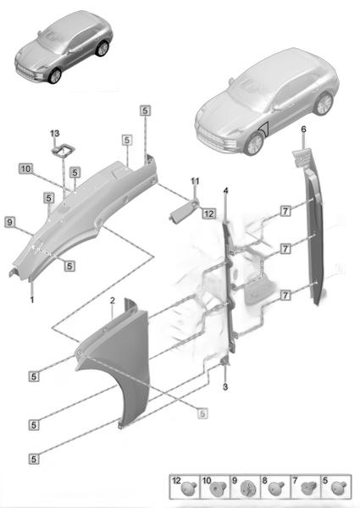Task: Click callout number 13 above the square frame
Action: tap(55, 133)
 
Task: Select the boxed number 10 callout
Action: tap(25, 168)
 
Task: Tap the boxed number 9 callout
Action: tap(10, 223)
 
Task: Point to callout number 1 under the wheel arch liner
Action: tap(31, 300)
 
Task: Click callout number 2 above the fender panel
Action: tap(112, 301)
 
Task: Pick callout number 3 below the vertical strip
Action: tap(225, 387)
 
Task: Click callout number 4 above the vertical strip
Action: tap(225, 190)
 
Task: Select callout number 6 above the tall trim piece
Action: tap(303, 130)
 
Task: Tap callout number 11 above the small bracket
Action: tap(195, 181)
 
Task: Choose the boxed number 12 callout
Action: tap(209, 213)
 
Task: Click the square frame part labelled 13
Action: tap(64, 151)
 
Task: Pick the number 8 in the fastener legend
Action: tap(265, 481)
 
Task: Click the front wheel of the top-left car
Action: tap(54, 76)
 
